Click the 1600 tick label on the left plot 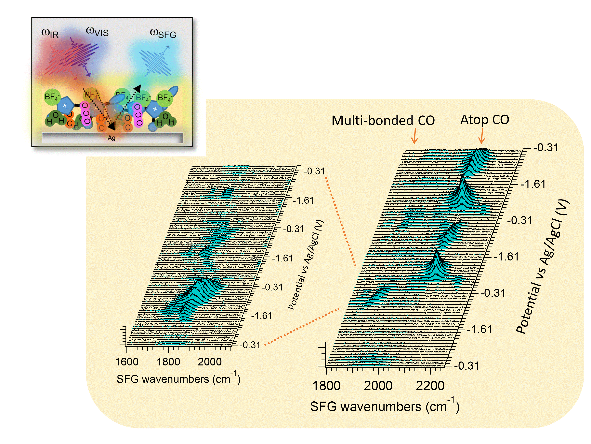[x=127, y=362]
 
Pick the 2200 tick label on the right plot [x=430, y=386]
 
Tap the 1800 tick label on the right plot [x=326, y=386]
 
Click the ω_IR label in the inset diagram [x=50, y=33]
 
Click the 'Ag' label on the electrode [x=112, y=138]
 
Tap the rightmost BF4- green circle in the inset [x=164, y=98]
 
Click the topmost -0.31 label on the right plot [x=545, y=147]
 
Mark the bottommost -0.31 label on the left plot [x=250, y=345]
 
